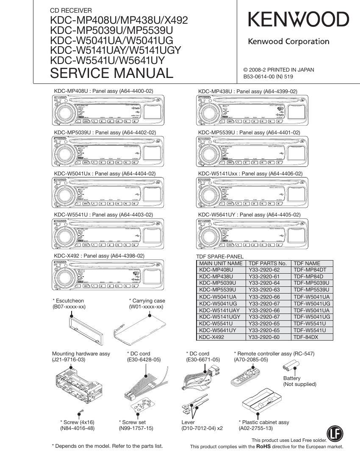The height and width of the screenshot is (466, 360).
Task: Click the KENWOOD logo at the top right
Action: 298,20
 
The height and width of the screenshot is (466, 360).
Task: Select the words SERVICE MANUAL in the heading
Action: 111,73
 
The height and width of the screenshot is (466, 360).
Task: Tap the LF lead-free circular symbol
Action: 335,433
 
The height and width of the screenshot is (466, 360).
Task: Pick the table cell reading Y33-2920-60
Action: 264,337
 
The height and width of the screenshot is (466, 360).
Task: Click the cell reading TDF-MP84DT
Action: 310,269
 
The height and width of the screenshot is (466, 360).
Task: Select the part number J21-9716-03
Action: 69,360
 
